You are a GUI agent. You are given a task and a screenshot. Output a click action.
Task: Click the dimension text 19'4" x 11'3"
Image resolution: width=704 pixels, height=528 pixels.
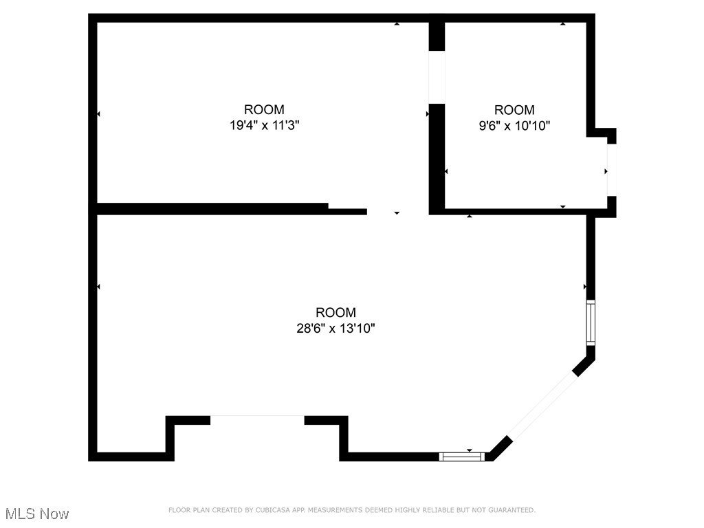coord(264,126)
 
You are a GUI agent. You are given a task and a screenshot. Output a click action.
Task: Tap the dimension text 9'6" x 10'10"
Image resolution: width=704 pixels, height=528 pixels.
coord(514,126)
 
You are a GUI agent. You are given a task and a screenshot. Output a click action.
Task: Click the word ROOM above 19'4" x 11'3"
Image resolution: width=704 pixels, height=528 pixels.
coord(264,109)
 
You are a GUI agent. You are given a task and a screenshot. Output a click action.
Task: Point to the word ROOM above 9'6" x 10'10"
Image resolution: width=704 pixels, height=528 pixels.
coord(514,109)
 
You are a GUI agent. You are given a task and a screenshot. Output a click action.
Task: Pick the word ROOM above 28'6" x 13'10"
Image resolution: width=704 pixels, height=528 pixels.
coord(335,312)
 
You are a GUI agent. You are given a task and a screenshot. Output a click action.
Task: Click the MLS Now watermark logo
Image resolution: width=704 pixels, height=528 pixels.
coord(37,514)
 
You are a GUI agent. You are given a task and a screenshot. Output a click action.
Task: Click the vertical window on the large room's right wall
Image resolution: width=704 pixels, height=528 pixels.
coord(590,322)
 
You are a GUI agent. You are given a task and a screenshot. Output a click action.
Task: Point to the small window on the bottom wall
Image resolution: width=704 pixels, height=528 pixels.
coord(462,456)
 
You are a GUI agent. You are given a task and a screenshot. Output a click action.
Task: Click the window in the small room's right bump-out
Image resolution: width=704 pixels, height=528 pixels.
coord(611,170)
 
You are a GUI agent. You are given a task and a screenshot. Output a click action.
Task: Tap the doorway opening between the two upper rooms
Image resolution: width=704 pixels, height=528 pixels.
coord(437,77)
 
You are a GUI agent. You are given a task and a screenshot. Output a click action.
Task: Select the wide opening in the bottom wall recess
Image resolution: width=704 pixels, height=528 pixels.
coord(257,417)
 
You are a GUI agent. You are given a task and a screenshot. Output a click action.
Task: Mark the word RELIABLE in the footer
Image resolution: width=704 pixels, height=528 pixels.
coord(428,510)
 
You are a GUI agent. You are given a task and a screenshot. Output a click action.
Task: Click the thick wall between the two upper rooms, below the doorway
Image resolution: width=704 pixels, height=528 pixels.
coord(437,158)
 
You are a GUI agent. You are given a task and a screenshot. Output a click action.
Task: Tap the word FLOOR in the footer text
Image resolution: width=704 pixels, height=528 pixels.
coord(178,510)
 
